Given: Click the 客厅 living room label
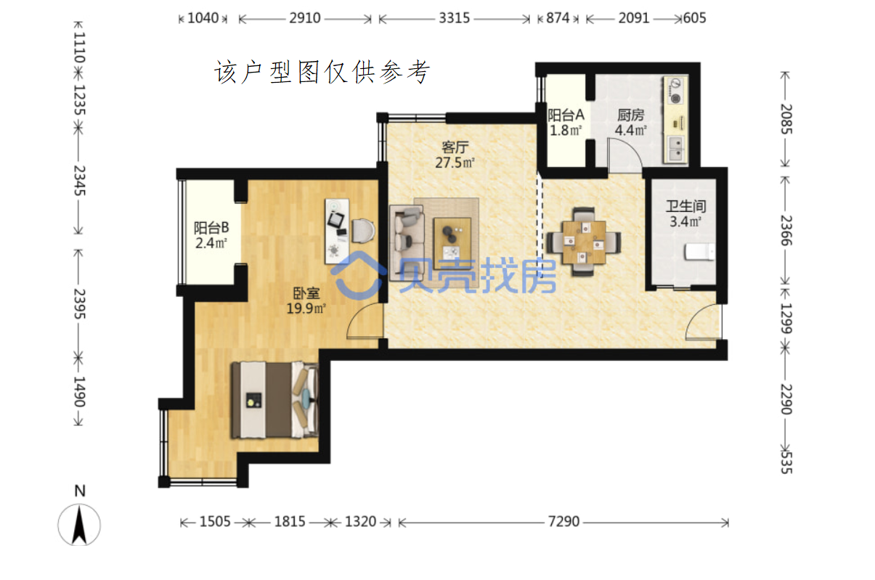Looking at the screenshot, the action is pos(455,147).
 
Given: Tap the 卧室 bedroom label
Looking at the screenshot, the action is pos(306,293).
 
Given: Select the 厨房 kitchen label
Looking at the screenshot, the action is pos(630,115).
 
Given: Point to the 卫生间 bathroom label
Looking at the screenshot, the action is pos(685,206).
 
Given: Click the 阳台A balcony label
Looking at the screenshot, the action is pos(566,115).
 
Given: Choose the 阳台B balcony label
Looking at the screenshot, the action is pos(211,228).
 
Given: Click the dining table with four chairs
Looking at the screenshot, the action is pos(584,242).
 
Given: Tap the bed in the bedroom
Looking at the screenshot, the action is pos(274,400).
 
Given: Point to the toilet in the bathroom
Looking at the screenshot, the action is pos(699,252).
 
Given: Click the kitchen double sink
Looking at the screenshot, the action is pos(675,149).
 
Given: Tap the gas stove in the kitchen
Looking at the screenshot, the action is pos(675,91).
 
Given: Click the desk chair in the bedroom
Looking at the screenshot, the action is pos(363,231).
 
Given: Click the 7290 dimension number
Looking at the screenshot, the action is pos(563,521).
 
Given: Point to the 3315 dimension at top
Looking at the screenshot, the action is pos(454,18).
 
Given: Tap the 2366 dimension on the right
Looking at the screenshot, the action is pos(786,230).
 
